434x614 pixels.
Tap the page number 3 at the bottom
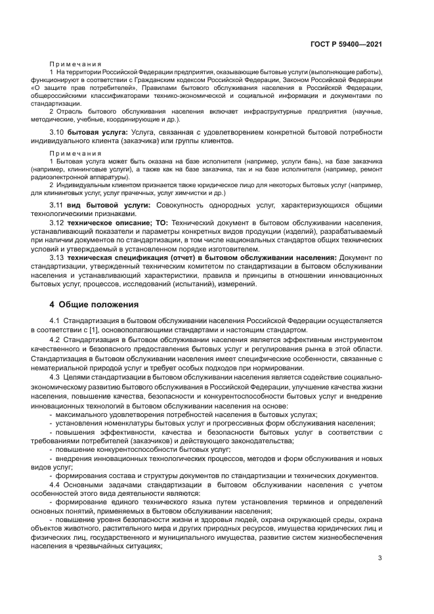point(380,559)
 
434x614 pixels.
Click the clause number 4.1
point(56,320)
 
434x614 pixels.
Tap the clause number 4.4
point(56,485)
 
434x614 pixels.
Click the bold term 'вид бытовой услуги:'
point(109,205)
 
